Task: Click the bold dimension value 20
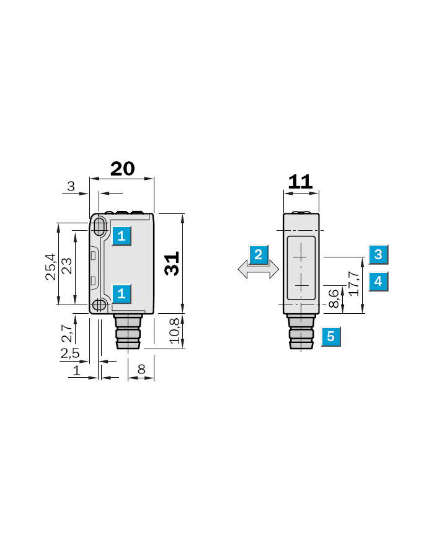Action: (x=122, y=169)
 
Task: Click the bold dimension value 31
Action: (x=172, y=264)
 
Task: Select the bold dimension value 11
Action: (x=300, y=182)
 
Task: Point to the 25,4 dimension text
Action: (x=50, y=267)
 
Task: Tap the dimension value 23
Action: (x=67, y=265)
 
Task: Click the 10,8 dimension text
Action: (x=174, y=331)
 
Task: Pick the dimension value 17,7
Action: (x=354, y=283)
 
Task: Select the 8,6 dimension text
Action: (x=334, y=298)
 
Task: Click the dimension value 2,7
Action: (x=67, y=333)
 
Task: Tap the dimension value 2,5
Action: (x=70, y=353)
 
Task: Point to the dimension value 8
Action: (x=141, y=369)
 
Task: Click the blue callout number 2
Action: (x=258, y=254)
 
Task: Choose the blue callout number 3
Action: (x=378, y=254)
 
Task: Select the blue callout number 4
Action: (x=378, y=281)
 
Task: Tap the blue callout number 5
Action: (x=330, y=336)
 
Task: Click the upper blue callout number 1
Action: (x=122, y=236)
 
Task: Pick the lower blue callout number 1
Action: (x=122, y=293)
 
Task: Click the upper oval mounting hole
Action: (x=99, y=226)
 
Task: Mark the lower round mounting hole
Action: (x=99, y=305)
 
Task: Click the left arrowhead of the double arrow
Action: (x=242, y=269)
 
